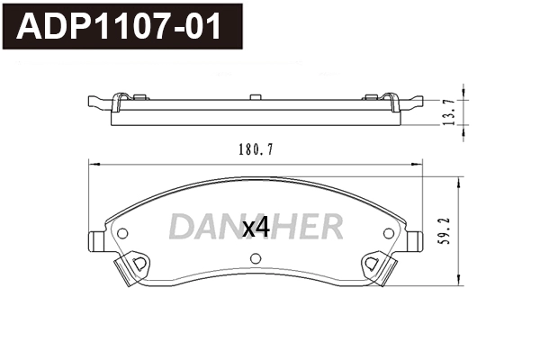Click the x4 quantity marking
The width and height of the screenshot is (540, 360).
pos(256,228)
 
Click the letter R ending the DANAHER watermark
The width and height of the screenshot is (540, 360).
pos(330,226)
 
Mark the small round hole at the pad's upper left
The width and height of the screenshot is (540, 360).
pos(123,233)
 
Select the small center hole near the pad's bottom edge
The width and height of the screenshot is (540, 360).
pos(256,261)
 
